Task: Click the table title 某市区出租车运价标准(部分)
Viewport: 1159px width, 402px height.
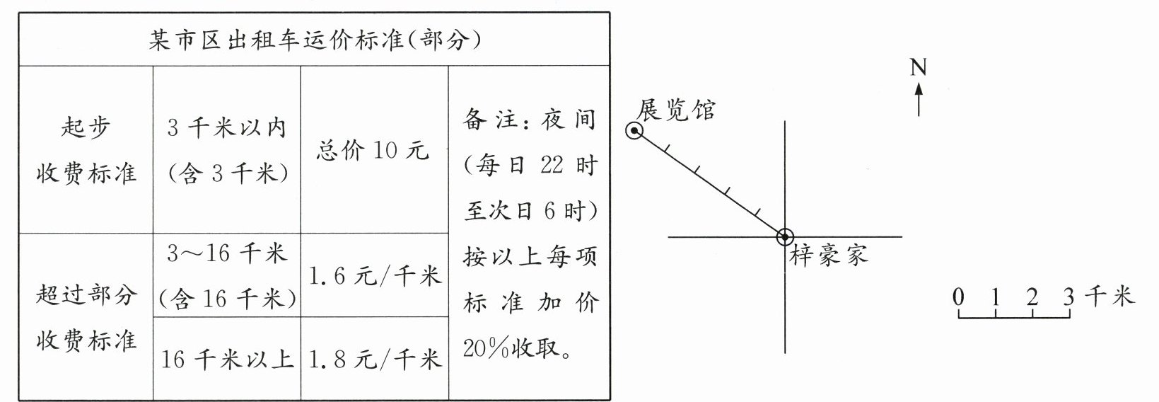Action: click(315, 40)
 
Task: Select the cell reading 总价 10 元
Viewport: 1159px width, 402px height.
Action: click(373, 150)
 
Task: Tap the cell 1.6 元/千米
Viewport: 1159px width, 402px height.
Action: click(375, 275)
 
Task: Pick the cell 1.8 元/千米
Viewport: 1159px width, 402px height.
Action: click(375, 360)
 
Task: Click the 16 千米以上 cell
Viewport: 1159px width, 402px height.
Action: click(227, 360)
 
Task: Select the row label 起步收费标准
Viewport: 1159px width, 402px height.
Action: click(86, 151)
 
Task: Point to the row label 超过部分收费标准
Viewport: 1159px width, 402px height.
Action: click(86, 317)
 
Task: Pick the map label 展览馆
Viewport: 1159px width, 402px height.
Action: click(676, 110)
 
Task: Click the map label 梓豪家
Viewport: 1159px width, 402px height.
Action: click(828, 255)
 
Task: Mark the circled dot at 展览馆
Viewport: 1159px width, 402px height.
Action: click(634, 131)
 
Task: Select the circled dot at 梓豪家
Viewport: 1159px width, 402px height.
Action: click(785, 237)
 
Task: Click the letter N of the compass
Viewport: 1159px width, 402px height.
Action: click(918, 67)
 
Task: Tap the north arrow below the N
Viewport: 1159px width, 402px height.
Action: click(919, 99)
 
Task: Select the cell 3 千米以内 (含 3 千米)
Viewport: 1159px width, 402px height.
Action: click(227, 150)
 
